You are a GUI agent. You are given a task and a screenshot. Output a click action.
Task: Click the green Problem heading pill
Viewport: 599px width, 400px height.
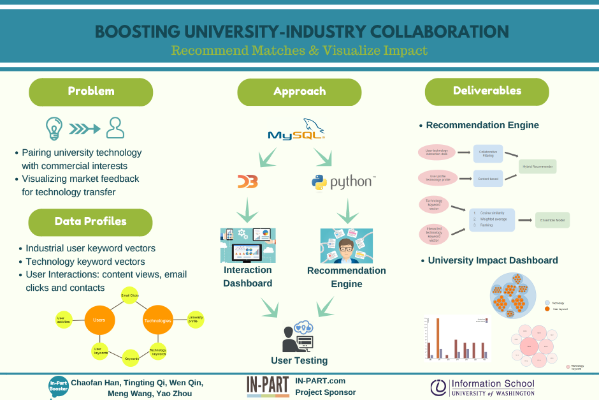(91, 91)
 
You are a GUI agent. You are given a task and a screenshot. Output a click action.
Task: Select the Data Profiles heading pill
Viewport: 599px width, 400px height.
(90, 222)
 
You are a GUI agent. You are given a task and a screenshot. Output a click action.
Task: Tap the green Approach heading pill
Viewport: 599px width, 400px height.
(299, 92)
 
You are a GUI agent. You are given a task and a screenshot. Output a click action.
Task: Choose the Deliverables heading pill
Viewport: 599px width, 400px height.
(487, 91)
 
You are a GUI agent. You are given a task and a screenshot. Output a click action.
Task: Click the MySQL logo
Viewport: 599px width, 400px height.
(297, 130)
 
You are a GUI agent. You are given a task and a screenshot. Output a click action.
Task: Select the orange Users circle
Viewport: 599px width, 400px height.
(99, 319)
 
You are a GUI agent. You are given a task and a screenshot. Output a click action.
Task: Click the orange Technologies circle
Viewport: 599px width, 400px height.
(157, 320)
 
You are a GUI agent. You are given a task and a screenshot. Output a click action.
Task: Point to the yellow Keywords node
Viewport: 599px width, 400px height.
(131, 359)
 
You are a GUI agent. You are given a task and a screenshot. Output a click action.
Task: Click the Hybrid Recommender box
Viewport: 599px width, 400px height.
(538, 167)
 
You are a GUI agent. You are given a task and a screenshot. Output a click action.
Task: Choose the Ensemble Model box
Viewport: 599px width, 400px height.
(552, 220)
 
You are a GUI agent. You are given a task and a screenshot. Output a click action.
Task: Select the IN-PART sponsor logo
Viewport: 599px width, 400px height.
(268, 386)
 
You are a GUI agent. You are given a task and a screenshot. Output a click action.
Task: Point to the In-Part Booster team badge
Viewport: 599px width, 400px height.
(58, 386)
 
